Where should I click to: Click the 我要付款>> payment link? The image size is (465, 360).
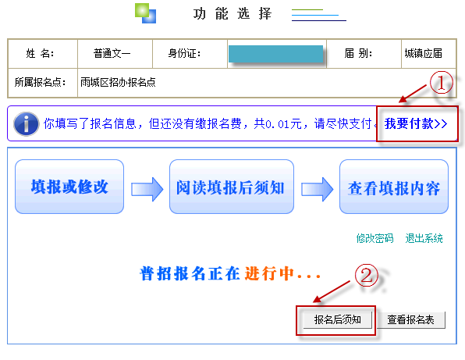click(x=416, y=123)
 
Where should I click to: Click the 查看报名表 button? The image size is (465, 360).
click(x=410, y=319)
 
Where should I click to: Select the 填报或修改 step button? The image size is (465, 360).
click(x=69, y=187)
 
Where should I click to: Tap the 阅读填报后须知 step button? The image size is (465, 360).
click(x=231, y=187)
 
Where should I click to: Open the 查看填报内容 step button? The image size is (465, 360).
click(x=394, y=187)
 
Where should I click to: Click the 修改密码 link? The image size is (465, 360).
click(x=374, y=238)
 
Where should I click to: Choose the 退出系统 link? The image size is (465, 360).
click(x=424, y=238)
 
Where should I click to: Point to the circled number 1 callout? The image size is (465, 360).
click(x=442, y=83)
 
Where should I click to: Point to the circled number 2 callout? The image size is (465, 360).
click(x=367, y=275)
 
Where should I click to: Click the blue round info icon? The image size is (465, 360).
click(x=26, y=123)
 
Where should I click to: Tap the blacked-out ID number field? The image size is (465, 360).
click(x=275, y=54)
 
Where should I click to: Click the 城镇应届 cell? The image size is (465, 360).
click(x=423, y=54)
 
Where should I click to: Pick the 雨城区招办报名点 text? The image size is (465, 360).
click(x=118, y=82)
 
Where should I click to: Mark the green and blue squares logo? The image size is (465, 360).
click(x=146, y=13)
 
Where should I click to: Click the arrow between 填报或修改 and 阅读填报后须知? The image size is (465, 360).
click(x=147, y=189)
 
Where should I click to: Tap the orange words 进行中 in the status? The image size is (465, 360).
click(x=269, y=273)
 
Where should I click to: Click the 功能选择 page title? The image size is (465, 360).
click(x=232, y=13)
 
